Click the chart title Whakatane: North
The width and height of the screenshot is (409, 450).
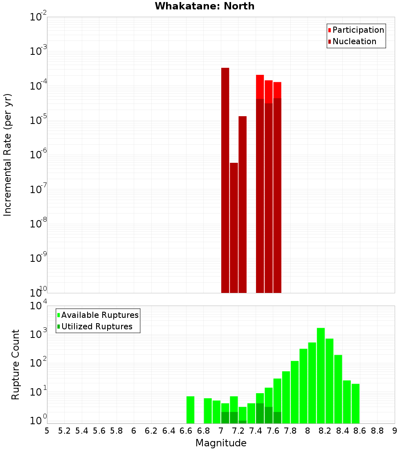(204, 6)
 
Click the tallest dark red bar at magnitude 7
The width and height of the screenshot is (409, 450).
(225, 180)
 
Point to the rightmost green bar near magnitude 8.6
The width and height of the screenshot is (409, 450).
(355, 403)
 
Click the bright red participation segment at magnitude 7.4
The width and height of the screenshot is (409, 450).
(260, 87)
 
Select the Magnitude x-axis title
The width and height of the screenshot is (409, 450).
(221, 443)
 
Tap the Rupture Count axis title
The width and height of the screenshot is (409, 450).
(16, 364)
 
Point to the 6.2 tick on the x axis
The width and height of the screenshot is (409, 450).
(151, 431)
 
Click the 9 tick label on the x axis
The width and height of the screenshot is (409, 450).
(395, 431)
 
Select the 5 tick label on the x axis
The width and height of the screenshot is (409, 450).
(47, 431)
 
